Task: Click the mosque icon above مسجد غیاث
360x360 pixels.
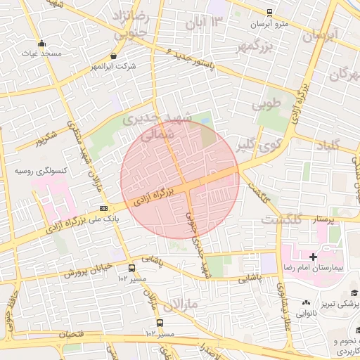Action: tap(42, 42)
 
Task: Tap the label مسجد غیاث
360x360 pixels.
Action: tap(42, 53)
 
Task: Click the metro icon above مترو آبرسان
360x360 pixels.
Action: tap(270, 13)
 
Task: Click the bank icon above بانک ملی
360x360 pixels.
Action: tap(104, 208)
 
